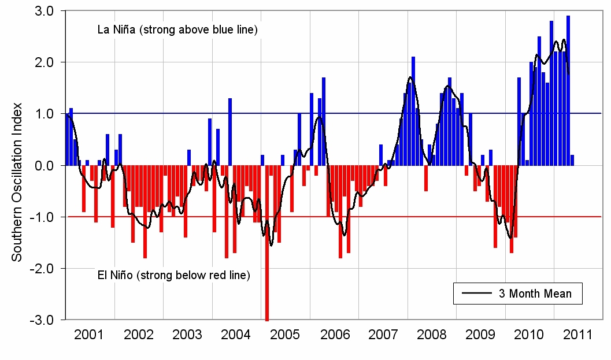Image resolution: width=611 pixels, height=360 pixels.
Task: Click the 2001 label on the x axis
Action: tap(89, 335)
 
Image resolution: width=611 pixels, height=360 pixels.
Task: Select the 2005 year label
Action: tap(285, 335)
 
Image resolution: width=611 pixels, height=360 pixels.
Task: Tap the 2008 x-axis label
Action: tap(431, 335)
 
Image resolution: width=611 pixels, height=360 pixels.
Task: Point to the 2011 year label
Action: tap(577, 335)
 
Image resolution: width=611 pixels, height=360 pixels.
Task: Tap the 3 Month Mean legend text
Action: tap(535, 294)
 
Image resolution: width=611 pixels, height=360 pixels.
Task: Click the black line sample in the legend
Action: tap(477, 294)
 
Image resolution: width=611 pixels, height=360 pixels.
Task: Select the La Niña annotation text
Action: tap(177, 30)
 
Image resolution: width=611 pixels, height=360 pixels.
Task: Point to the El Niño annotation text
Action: tap(173, 275)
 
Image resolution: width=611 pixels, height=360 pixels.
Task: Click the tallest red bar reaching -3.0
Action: tap(266, 243)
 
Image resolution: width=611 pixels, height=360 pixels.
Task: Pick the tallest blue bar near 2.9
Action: tap(568, 87)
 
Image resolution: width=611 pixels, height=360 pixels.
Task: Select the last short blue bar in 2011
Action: tap(572, 160)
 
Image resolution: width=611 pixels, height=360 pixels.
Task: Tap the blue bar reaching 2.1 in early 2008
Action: tap(413, 110)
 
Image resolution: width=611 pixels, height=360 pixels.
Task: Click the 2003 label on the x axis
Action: tap(187, 335)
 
